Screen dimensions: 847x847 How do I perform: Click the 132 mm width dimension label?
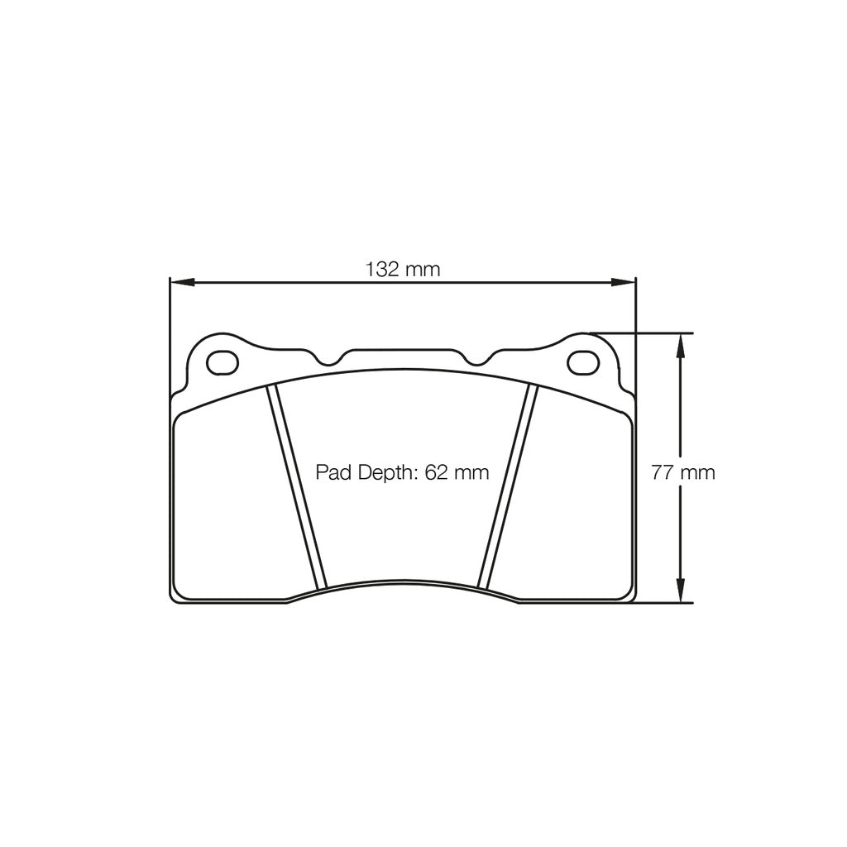403,269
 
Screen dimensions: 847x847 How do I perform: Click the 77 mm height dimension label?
682,473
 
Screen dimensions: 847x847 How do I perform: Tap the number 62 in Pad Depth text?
436,473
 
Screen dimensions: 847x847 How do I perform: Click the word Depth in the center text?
385,473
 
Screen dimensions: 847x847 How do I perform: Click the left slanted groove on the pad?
297,488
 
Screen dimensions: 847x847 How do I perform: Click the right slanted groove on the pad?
508,488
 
